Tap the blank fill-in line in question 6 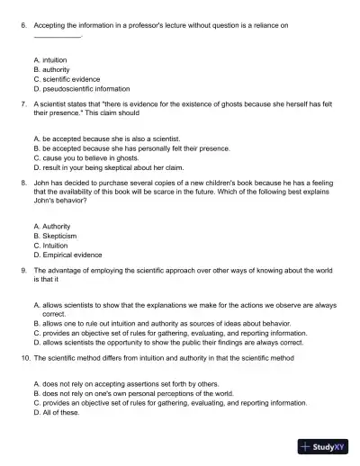(x=57, y=37)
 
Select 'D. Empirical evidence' (x=67, y=255)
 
